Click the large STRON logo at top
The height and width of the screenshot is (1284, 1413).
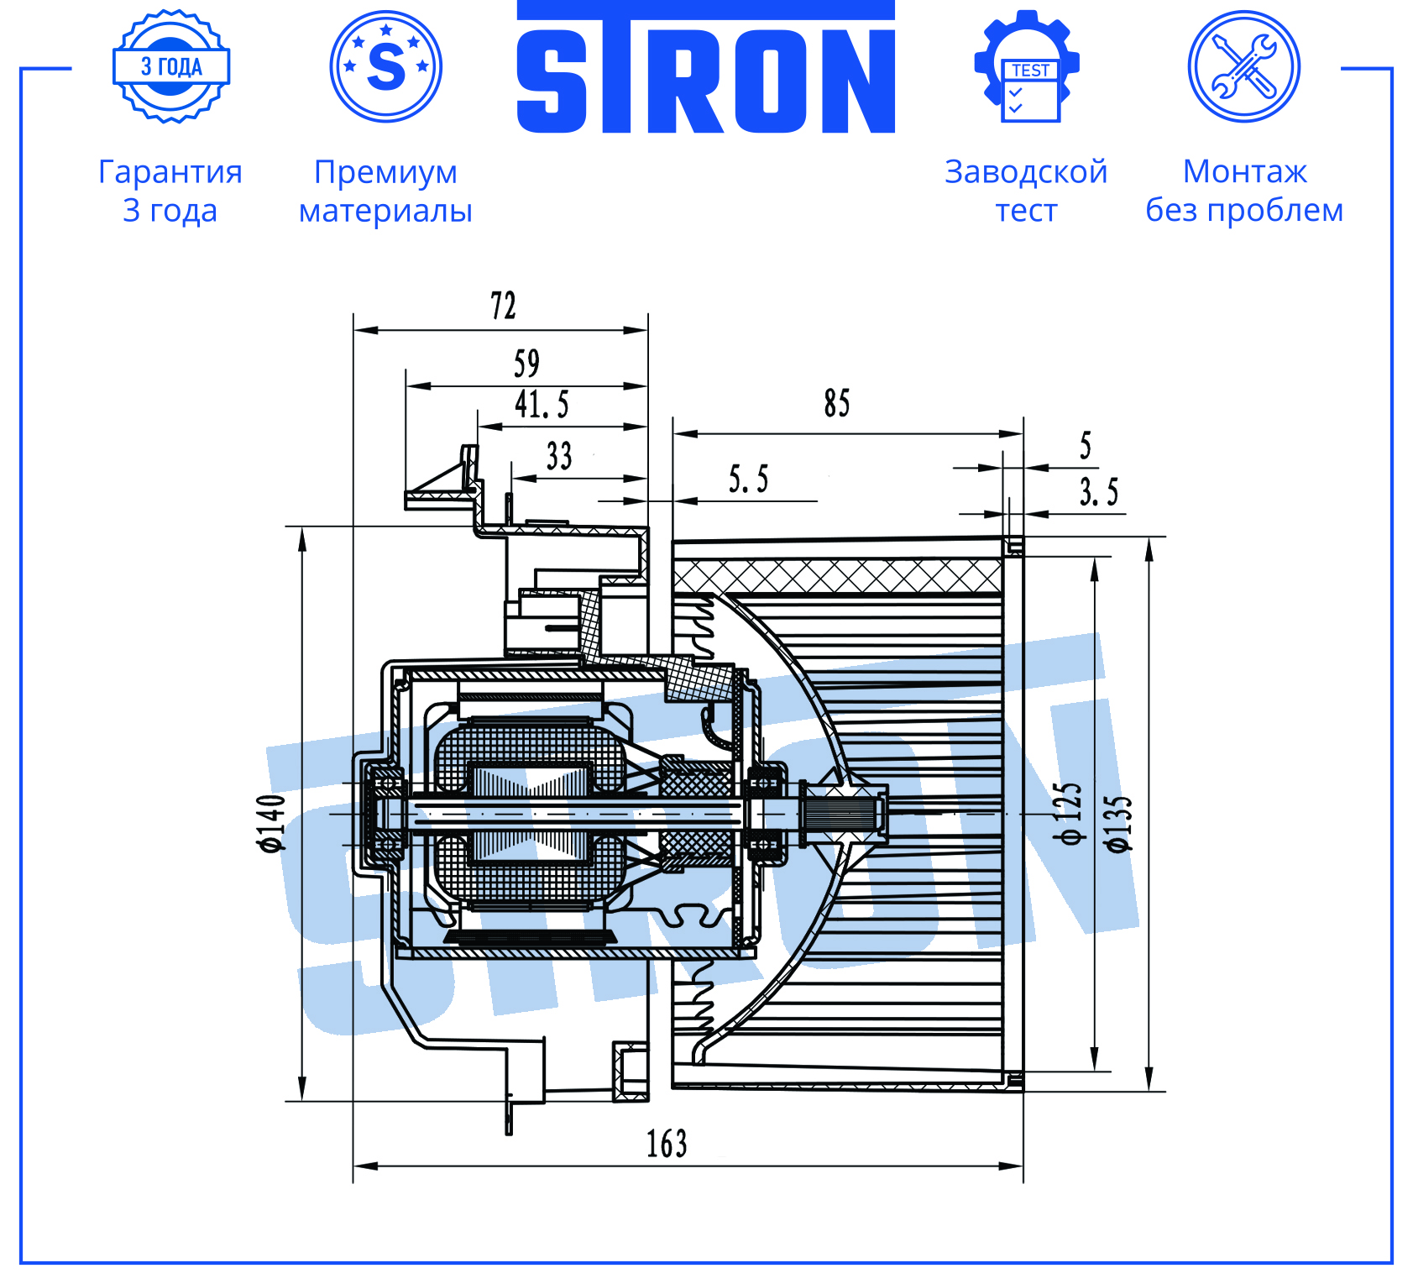(x=705, y=67)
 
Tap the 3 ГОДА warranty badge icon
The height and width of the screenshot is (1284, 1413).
(x=171, y=66)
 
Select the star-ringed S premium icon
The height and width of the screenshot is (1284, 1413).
(x=386, y=66)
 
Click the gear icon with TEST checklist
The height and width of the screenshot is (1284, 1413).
(x=1027, y=66)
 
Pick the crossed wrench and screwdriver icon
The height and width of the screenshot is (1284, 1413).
(x=1244, y=66)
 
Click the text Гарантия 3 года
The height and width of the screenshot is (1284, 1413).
(x=170, y=191)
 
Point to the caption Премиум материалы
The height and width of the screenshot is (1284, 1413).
(x=386, y=191)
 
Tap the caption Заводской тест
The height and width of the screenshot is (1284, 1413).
(x=1026, y=191)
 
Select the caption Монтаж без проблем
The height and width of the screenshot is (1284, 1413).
(x=1244, y=191)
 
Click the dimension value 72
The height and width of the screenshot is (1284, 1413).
(x=503, y=306)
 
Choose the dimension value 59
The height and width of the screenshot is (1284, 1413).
(x=526, y=364)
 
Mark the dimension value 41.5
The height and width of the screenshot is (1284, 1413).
(x=542, y=404)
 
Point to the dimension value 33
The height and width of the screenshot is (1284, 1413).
(x=559, y=456)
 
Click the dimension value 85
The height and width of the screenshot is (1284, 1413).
(x=837, y=403)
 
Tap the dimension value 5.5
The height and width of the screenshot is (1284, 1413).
(x=748, y=479)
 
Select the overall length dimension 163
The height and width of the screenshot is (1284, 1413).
(x=667, y=1143)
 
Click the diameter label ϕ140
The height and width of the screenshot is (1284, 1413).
(x=273, y=823)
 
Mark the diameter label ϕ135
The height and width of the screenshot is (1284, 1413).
(x=1119, y=823)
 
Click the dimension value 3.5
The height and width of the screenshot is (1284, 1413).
(x=1099, y=491)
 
